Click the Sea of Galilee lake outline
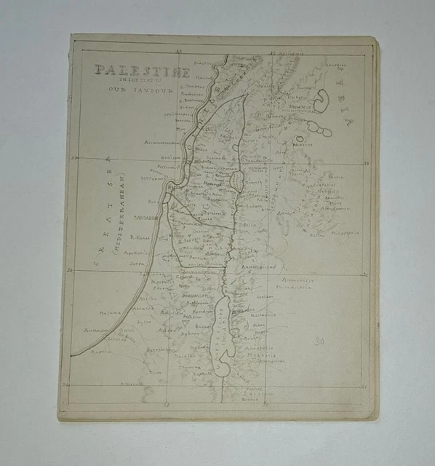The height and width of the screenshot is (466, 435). (x=236, y=180)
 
